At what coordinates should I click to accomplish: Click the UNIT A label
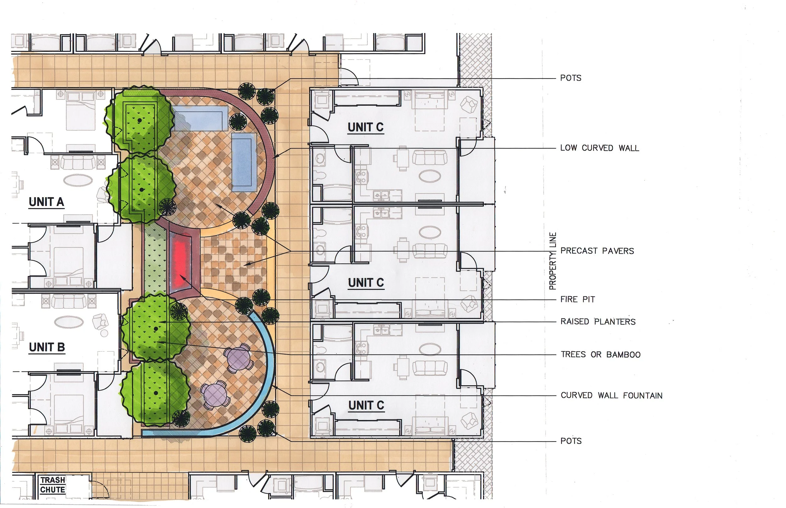[46, 202]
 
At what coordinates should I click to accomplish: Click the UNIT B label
[47, 347]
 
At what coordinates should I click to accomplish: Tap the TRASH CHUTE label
[53, 484]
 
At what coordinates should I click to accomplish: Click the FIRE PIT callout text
[578, 299]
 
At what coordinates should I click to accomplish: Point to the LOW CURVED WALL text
[600, 148]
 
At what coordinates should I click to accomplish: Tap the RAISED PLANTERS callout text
[598, 321]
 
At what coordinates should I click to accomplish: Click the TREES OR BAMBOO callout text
[601, 354]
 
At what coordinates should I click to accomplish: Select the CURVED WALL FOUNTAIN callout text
[611, 395]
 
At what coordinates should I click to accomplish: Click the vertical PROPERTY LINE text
[552, 261]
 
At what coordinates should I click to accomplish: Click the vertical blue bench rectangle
[244, 162]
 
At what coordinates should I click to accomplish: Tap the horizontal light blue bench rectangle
[200, 121]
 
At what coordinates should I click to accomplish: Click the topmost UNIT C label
[366, 127]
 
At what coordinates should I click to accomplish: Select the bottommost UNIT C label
[366, 405]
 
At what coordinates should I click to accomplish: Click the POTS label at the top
[571, 78]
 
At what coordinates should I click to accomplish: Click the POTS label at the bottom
[571, 441]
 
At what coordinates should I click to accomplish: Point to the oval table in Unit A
[83, 180]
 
